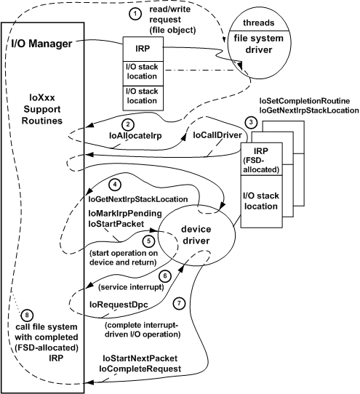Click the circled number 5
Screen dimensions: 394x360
[149, 241]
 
